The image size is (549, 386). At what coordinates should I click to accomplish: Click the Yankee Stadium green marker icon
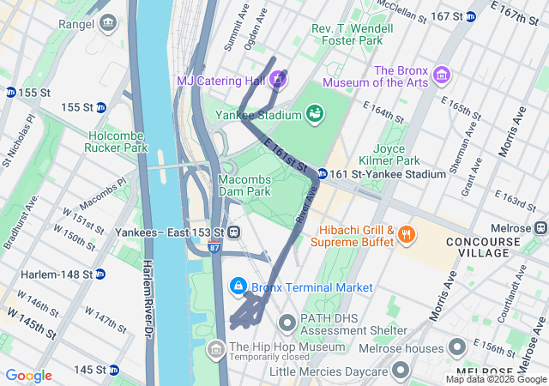pyautogui.click(x=315, y=112)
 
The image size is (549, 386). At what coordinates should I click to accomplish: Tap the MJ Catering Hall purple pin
pyautogui.click(x=278, y=81)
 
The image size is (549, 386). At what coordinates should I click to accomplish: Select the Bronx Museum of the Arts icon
pyautogui.click(x=442, y=75)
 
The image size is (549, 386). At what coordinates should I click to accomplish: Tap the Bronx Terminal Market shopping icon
pyautogui.click(x=237, y=286)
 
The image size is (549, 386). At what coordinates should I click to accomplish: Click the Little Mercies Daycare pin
pyautogui.click(x=400, y=371)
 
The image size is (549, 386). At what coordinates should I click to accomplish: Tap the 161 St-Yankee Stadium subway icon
pyautogui.click(x=321, y=174)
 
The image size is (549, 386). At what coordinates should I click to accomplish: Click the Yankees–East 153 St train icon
pyautogui.click(x=232, y=232)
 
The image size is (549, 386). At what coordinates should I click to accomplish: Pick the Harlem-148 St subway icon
pyautogui.click(x=100, y=274)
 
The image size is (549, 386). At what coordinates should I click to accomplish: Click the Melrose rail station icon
pyautogui.click(x=540, y=227)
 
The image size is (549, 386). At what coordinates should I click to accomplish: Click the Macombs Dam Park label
pyautogui.click(x=244, y=184)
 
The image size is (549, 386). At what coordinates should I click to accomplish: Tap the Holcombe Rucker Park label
pyautogui.click(x=118, y=141)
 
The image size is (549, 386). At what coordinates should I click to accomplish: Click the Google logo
pyautogui.click(x=28, y=376)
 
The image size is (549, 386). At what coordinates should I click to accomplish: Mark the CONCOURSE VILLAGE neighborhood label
pyautogui.click(x=482, y=249)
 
